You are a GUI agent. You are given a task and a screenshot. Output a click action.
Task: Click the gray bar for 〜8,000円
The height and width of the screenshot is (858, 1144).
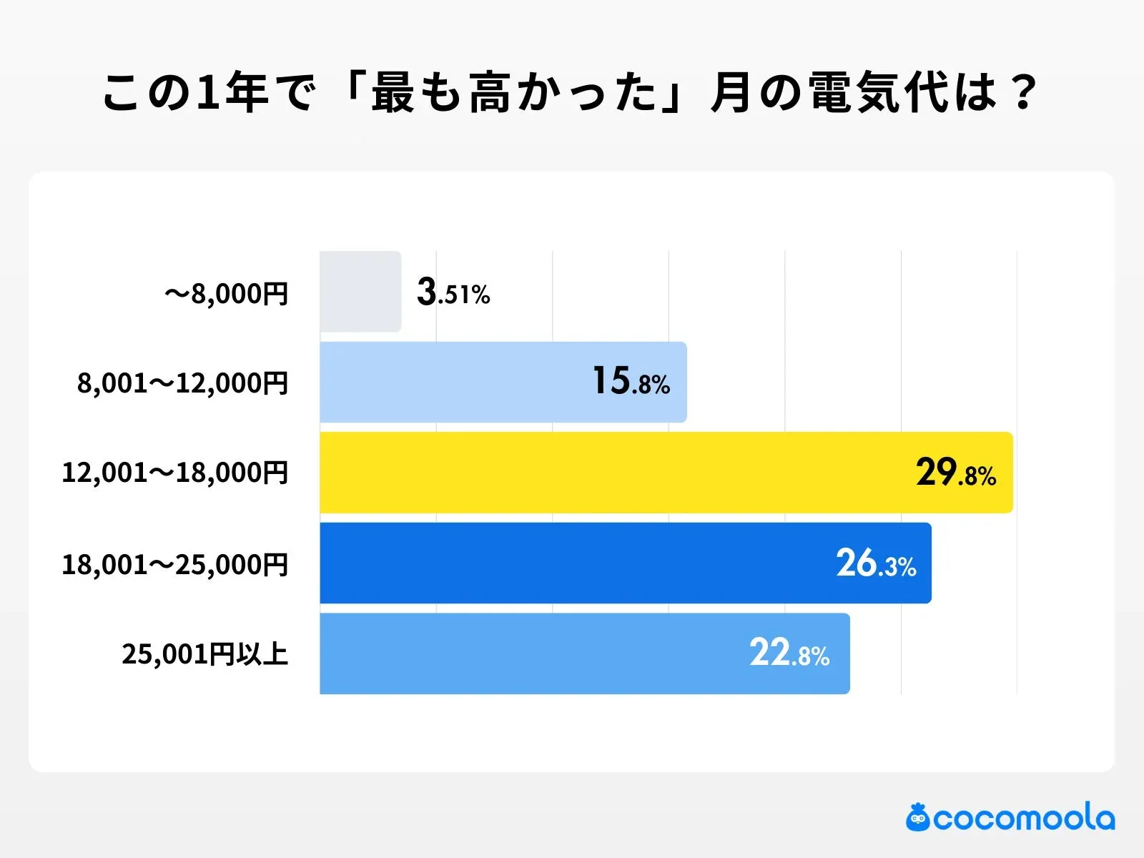point(360,292)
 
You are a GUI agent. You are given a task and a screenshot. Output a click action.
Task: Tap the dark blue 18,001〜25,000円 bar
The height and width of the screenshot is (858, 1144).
point(572,563)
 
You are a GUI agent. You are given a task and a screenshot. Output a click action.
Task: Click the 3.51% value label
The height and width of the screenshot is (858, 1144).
point(453,293)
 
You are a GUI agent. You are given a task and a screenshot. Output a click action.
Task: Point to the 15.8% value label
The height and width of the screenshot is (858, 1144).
point(631,382)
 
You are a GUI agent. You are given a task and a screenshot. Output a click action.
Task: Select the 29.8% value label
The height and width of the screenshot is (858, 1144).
point(956,473)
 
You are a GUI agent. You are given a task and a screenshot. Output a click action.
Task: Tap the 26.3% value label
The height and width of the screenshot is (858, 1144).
point(876,564)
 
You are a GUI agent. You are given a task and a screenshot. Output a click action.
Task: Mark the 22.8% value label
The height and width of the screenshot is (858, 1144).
point(789,654)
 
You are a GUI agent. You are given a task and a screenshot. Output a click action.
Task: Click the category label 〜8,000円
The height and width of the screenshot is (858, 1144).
point(226,294)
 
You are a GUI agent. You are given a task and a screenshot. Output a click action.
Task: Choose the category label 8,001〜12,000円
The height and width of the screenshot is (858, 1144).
point(183,384)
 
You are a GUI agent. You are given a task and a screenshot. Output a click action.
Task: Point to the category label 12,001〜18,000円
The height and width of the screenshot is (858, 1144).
point(175,473)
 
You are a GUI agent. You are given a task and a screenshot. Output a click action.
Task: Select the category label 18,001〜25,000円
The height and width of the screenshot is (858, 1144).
point(175,565)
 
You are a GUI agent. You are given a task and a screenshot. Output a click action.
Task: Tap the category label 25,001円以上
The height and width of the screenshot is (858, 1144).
point(205,654)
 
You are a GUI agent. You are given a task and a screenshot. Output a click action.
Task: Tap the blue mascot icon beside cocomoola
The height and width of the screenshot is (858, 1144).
point(918,818)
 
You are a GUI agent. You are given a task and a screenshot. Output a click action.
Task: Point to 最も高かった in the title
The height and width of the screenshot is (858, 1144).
point(513,93)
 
